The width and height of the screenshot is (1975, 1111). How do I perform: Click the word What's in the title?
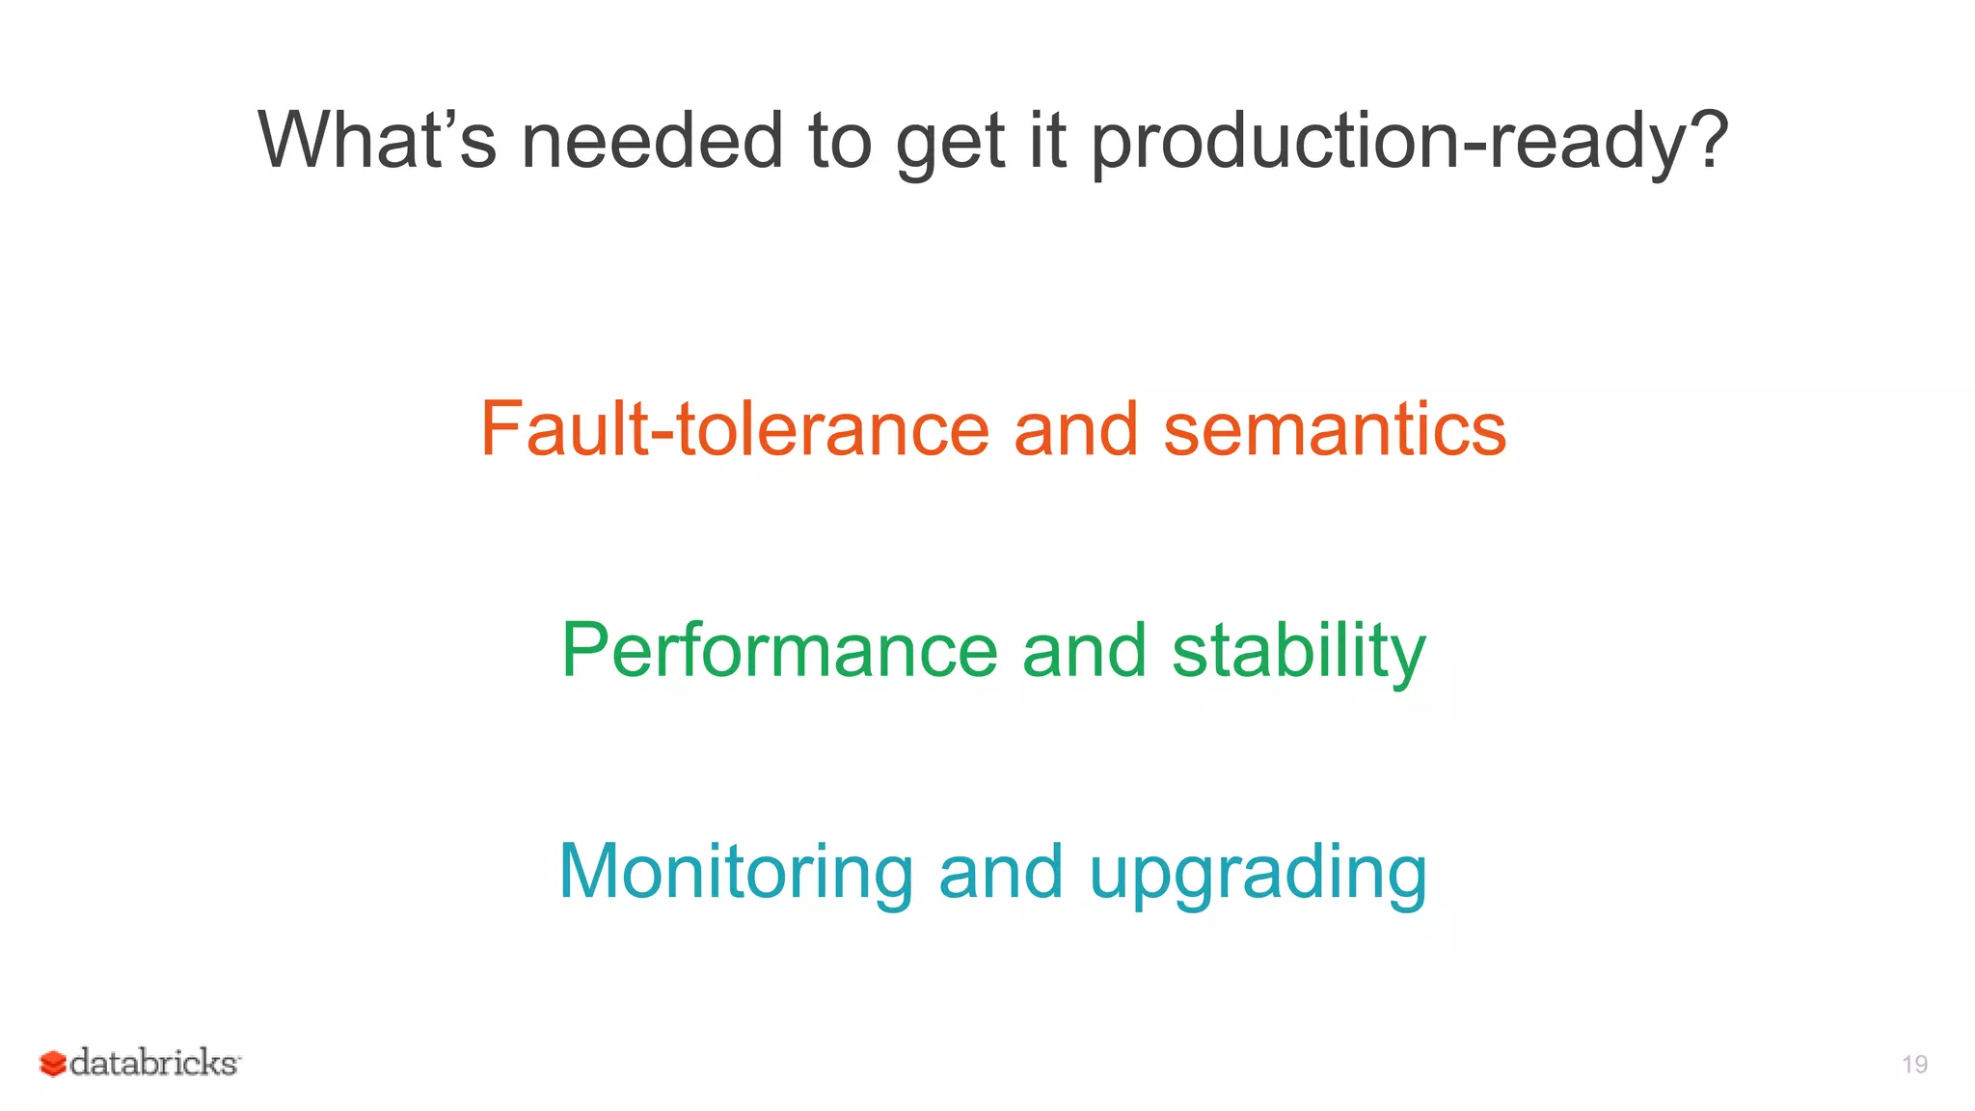point(376,141)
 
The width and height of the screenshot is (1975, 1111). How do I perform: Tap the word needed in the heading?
point(652,141)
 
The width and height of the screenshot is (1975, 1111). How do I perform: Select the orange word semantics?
point(1335,429)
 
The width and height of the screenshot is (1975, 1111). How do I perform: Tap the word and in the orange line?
point(1075,429)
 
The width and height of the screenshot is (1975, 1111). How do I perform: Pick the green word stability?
point(1298,651)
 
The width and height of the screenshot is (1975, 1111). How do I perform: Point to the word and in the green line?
point(1084,651)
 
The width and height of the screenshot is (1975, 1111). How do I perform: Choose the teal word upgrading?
point(1258,874)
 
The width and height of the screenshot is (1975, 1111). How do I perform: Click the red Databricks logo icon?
point(52,1063)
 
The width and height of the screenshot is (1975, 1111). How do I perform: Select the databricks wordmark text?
point(154,1063)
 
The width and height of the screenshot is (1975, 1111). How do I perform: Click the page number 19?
point(1914,1064)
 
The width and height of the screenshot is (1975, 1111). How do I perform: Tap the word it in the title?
point(1046,141)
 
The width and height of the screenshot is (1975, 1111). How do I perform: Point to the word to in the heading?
point(839,141)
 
